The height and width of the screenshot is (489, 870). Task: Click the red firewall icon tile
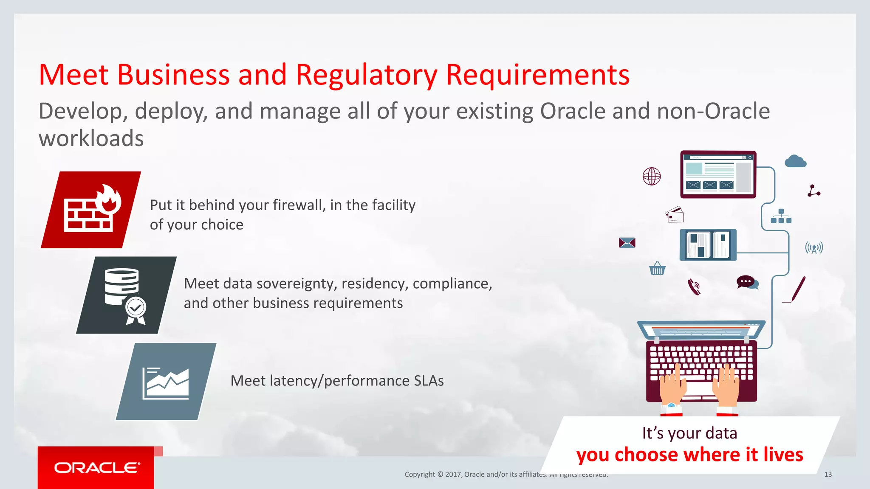pyautogui.click(x=91, y=210)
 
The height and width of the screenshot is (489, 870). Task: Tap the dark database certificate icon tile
pyautogui.click(x=126, y=295)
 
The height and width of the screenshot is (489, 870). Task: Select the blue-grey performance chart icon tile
pyautogui.click(x=166, y=382)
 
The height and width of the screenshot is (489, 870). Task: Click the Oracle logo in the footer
pyautogui.click(x=96, y=468)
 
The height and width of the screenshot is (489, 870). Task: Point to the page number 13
pyautogui.click(x=828, y=475)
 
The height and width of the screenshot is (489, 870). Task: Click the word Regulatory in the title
pyautogui.click(x=366, y=75)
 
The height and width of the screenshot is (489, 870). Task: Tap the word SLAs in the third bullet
pyautogui.click(x=429, y=381)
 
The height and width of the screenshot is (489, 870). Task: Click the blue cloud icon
pyautogui.click(x=795, y=161)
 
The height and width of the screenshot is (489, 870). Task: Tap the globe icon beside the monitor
pyautogui.click(x=652, y=176)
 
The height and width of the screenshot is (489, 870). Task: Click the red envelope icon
pyautogui.click(x=627, y=243)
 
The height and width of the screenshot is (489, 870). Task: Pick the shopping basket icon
pyautogui.click(x=657, y=269)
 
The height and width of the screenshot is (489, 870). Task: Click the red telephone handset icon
pyautogui.click(x=694, y=287)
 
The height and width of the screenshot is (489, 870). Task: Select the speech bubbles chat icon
pyautogui.click(x=747, y=282)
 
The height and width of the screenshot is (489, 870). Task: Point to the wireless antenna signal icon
pyautogui.click(x=814, y=247)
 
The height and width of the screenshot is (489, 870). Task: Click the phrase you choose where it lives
pyautogui.click(x=689, y=455)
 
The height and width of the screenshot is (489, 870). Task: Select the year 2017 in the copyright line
pyautogui.click(x=453, y=475)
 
